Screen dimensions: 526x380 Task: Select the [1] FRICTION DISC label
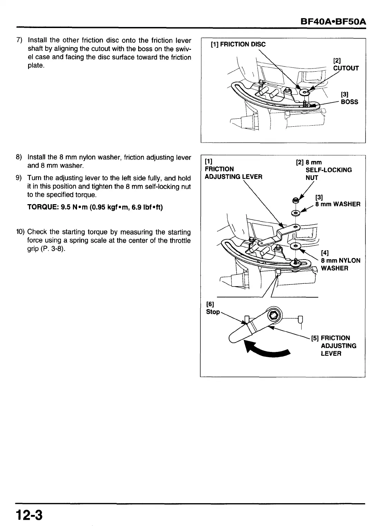tap(238, 45)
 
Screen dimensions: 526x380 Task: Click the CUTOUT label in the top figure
tap(346, 68)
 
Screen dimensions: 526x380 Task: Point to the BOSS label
tap(349, 102)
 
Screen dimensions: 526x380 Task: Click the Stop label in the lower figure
tap(213, 312)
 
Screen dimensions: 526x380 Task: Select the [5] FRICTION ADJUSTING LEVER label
tap(334, 345)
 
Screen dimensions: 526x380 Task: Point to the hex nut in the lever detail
tap(274, 315)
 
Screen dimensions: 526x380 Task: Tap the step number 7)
tap(20, 40)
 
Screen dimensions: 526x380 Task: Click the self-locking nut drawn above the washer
tap(295, 200)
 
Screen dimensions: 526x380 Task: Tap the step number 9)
tap(20, 178)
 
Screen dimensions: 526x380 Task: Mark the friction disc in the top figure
tap(305, 92)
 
